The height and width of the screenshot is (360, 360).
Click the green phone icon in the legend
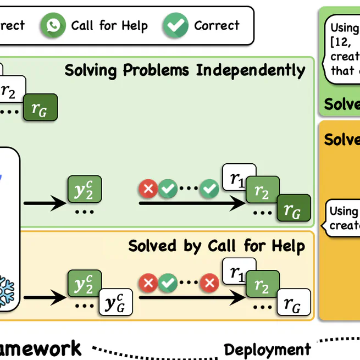tap(53, 26)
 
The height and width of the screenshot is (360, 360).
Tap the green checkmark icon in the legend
tap(175, 26)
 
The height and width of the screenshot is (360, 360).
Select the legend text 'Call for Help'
tap(109, 25)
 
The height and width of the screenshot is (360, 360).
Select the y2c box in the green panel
tap(85, 189)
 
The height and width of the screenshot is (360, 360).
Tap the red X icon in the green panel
tap(148, 190)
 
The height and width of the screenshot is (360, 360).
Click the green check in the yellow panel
tap(168, 284)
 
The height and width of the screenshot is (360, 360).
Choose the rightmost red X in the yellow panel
tap(209, 284)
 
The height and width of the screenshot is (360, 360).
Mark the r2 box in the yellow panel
tap(263, 287)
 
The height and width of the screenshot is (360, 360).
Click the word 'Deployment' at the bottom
tap(267, 350)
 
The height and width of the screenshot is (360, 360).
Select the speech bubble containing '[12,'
tap(342, 49)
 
